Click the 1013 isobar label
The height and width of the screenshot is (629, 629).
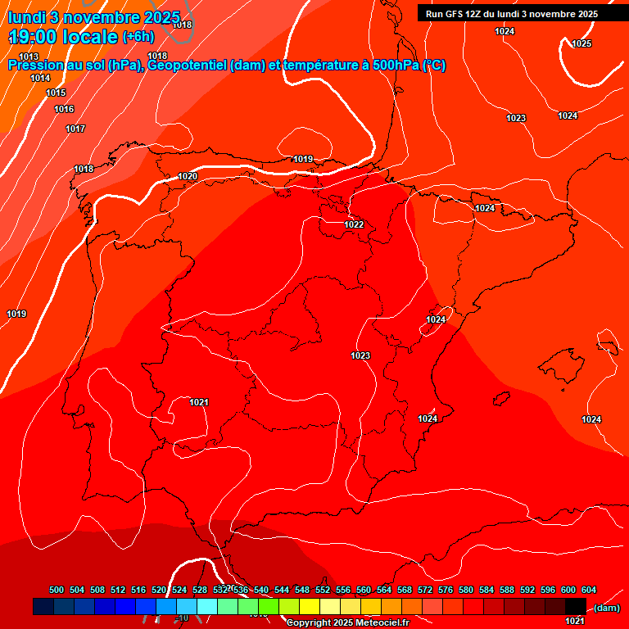[x=29, y=57]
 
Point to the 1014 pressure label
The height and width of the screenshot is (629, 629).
[x=40, y=78]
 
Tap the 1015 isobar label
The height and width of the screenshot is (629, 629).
[x=56, y=93]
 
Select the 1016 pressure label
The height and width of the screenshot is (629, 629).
[x=64, y=109]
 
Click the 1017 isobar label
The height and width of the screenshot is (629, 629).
[x=75, y=129]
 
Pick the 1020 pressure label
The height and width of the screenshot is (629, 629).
[x=188, y=176]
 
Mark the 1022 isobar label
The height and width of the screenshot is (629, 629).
[x=354, y=224]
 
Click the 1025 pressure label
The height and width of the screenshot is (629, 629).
[x=581, y=43]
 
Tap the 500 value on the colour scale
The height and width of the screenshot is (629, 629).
[x=57, y=590]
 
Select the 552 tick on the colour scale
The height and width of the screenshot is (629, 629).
[x=323, y=590]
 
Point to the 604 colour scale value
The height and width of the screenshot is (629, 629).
[x=589, y=590]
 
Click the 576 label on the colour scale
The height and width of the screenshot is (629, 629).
[x=446, y=590]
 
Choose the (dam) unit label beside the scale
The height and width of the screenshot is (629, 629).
[x=606, y=608]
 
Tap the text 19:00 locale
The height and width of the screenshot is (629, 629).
[x=63, y=37]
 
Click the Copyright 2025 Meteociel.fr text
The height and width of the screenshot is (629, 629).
[x=347, y=623]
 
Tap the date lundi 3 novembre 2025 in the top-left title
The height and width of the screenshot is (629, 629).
[x=94, y=16]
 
